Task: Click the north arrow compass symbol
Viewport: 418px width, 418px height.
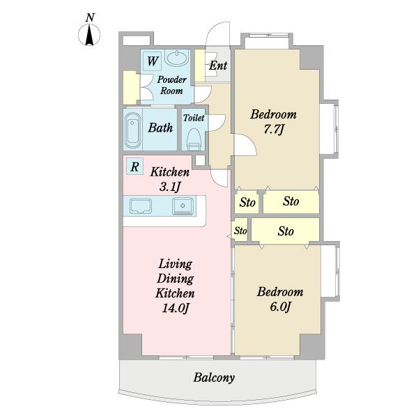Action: click(x=89, y=35)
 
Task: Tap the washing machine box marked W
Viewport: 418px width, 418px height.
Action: click(x=152, y=61)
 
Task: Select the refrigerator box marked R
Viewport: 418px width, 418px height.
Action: click(x=135, y=167)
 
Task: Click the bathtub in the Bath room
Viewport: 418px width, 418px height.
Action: click(x=133, y=131)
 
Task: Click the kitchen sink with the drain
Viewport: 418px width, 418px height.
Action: click(x=183, y=206)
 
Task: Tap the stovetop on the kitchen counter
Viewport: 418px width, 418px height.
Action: click(x=141, y=206)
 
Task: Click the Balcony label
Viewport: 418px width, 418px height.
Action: click(x=214, y=378)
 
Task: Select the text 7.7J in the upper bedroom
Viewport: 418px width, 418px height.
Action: click(x=273, y=130)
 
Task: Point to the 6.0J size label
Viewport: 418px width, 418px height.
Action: click(x=280, y=307)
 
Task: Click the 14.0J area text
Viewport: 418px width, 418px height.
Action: click(x=176, y=308)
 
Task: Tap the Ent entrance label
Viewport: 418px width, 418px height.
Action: click(x=218, y=65)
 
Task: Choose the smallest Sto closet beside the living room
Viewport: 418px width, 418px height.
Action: click(x=240, y=231)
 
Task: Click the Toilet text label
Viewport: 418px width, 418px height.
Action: click(x=194, y=118)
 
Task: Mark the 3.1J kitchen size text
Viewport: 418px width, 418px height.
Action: click(x=170, y=187)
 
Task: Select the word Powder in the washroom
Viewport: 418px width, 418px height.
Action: click(x=171, y=79)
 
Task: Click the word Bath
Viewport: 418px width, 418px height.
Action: click(x=160, y=127)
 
